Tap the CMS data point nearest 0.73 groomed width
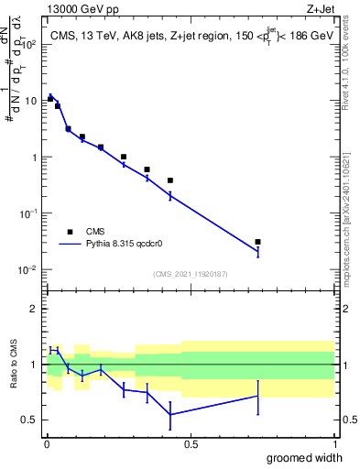257,242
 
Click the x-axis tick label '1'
333,444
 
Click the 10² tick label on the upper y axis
28,44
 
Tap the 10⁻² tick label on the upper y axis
28,269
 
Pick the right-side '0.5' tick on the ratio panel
349,420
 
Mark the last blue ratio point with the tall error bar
257,396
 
